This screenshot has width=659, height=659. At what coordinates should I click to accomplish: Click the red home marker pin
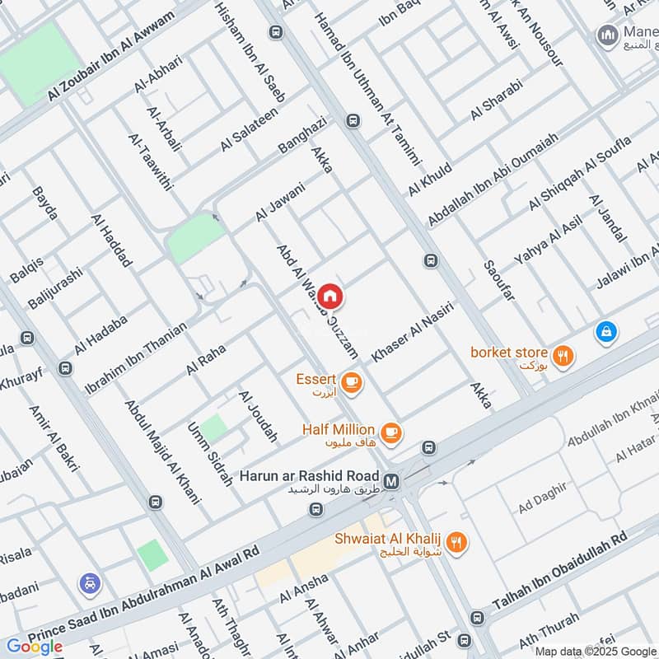[329, 296]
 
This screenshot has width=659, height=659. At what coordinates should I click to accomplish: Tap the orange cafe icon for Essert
[351, 381]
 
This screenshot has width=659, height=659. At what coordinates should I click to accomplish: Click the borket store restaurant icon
[563, 356]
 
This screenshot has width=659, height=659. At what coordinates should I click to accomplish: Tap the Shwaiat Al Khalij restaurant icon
[459, 541]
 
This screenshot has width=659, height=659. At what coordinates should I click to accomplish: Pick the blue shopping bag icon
[605, 331]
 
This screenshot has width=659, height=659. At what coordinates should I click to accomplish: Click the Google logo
[35, 647]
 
